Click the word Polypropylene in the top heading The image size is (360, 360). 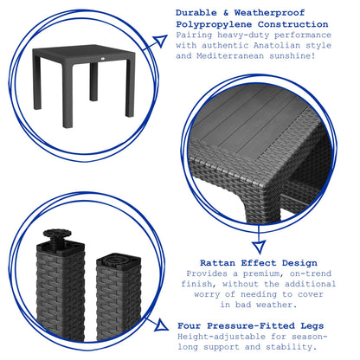tap(214, 24)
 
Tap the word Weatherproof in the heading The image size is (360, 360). tap(269, 13)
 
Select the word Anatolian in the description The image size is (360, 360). tap(277, 46)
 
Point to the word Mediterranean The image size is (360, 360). tap(230, 56)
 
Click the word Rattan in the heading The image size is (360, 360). tap(217, 263)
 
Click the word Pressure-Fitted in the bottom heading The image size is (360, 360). tap(251, 326)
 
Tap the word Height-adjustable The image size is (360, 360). tap(222, 337)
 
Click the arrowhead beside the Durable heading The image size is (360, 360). tap(160, 41)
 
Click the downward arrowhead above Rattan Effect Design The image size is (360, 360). tap(259, 247)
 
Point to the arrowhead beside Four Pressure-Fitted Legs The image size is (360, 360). tap(162, 325)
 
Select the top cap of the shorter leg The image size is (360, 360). tap(119, 260)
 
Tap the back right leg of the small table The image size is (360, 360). tap(131, 87)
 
